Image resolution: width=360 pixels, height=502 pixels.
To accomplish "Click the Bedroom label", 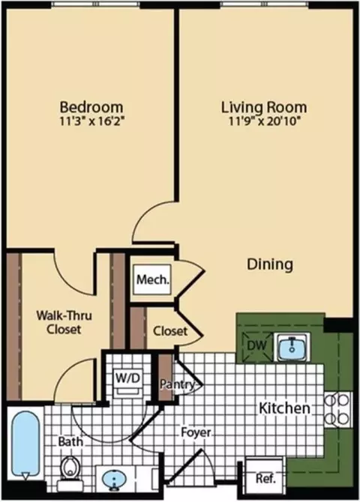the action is tap(91, 107).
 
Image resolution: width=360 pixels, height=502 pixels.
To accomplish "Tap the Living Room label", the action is tap(264, 107).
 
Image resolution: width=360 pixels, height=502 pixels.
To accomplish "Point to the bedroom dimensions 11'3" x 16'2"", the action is tap(91, 121).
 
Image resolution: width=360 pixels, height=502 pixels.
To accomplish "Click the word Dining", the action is tap(270, 264).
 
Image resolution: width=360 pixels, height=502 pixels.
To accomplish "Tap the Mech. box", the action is tap(152, 279).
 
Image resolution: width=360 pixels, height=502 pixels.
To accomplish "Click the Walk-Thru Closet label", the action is tap(64, 322).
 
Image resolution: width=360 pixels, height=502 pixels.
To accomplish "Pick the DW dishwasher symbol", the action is tap(256, 345).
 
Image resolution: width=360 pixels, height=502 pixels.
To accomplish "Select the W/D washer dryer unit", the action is tap(128, 383).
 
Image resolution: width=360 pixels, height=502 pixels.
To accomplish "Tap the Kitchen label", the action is tap(284, 408).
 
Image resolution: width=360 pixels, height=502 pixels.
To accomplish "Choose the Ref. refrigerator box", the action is tap(265, 479).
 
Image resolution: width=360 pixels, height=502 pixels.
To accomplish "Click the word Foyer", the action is tap(196, 432).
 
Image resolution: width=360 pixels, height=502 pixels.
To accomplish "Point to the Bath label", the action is tap(70, 442).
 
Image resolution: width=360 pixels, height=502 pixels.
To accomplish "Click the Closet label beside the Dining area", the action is tap(170, 330).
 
